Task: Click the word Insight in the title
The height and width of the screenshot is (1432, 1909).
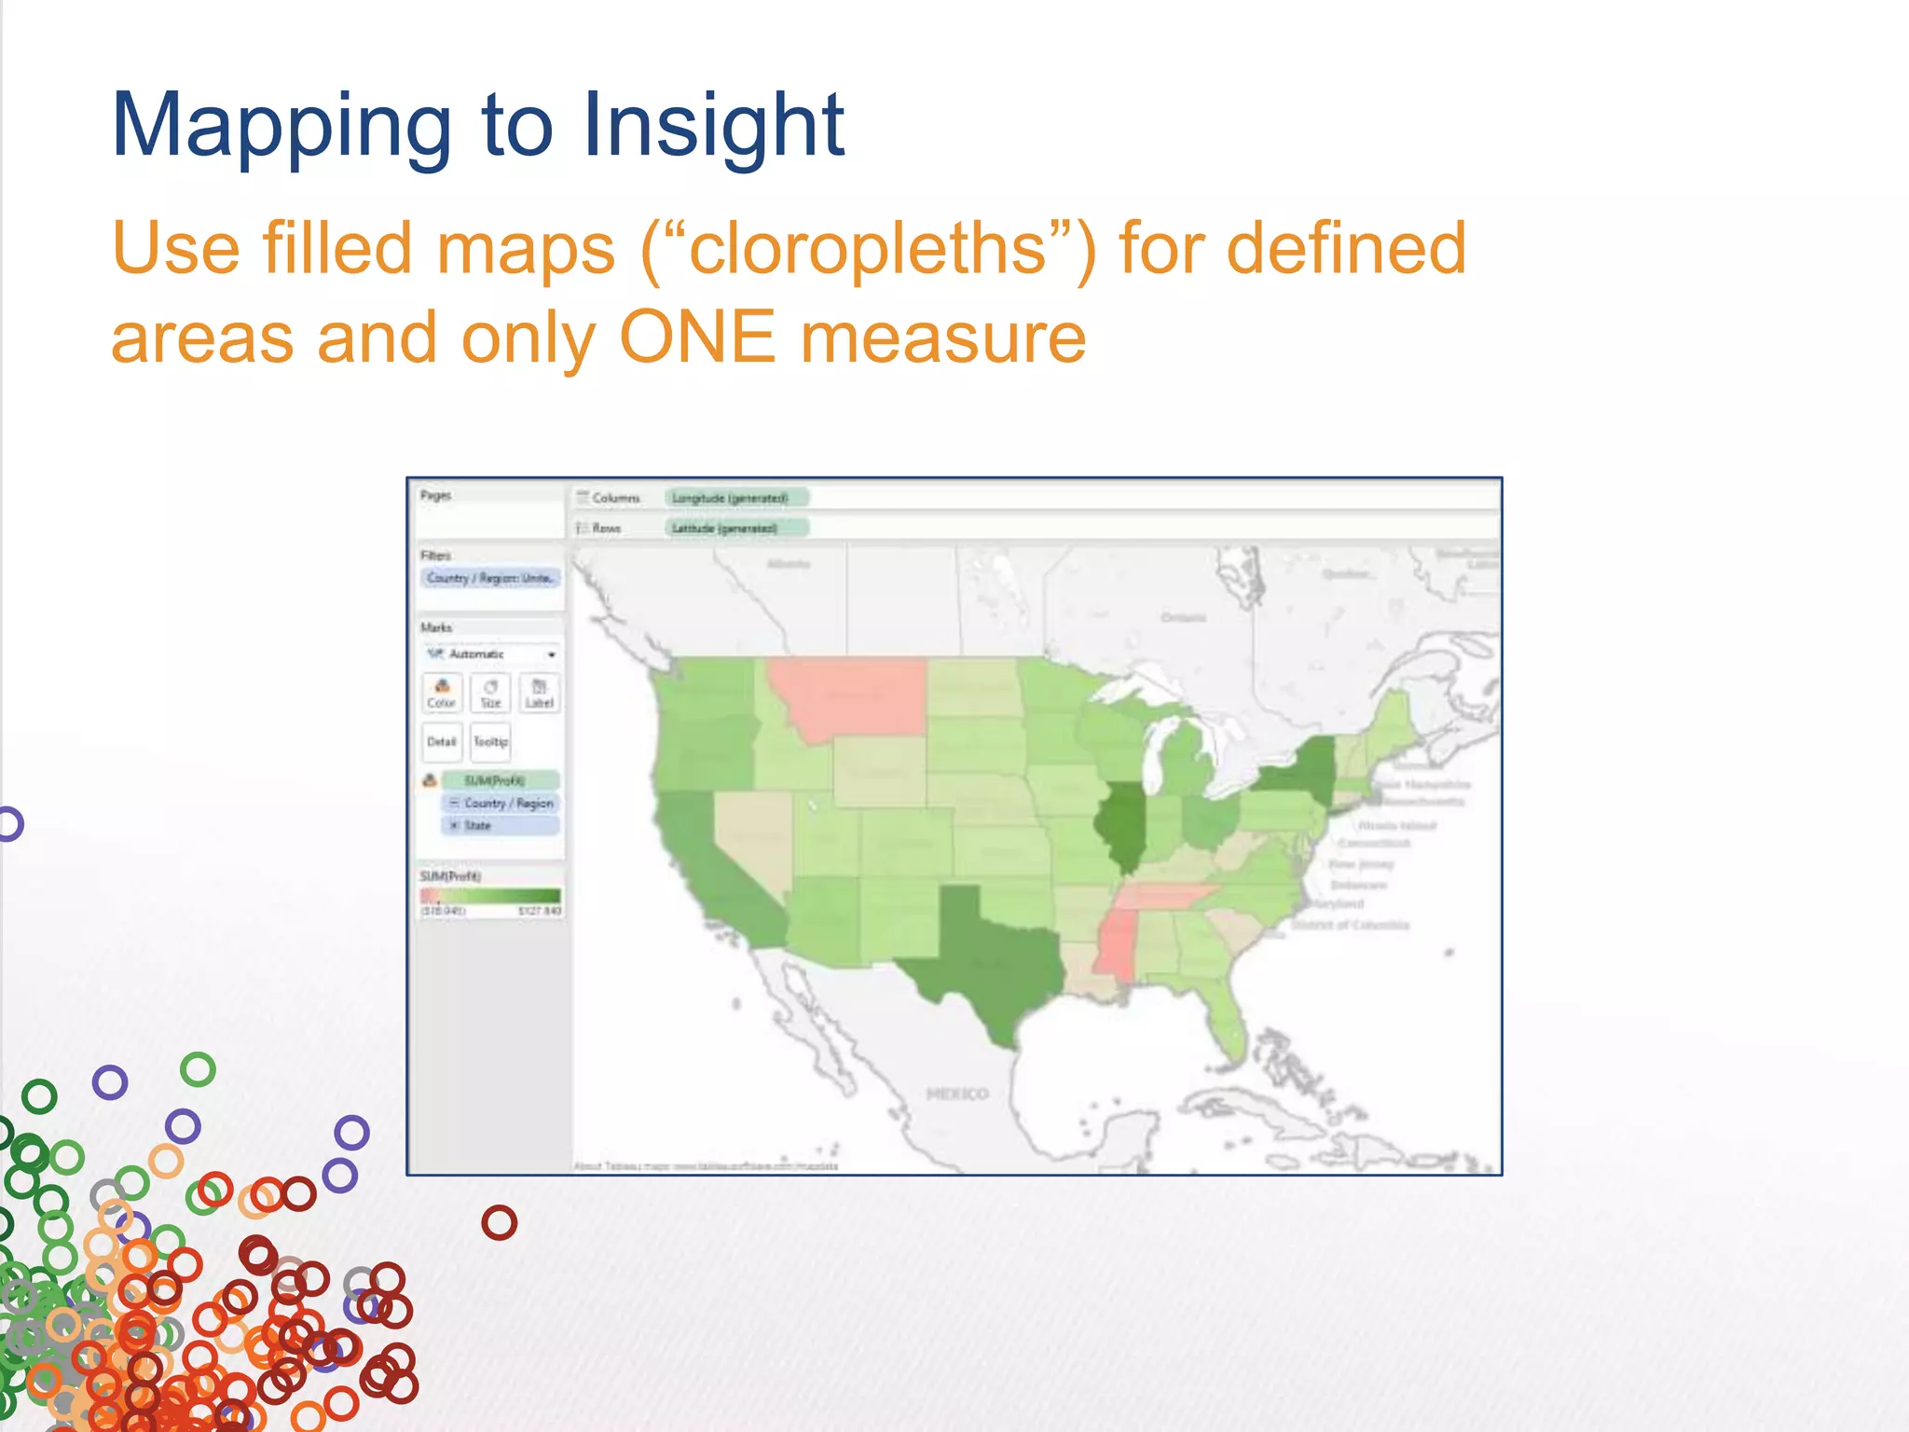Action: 713,126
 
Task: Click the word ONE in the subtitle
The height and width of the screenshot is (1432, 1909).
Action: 696,337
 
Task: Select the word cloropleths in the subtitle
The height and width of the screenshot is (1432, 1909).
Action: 867,249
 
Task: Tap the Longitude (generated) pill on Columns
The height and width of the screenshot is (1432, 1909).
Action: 735,498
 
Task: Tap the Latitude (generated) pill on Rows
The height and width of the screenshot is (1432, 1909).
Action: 735,529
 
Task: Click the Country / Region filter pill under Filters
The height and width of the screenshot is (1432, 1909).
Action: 490,578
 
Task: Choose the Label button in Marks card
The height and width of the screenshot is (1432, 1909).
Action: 540,693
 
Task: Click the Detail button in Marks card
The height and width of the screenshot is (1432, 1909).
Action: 442,742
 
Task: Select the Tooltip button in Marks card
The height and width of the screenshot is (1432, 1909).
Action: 490,742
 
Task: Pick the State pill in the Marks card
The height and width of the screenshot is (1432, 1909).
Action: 501,826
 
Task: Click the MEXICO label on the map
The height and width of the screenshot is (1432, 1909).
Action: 957,1094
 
